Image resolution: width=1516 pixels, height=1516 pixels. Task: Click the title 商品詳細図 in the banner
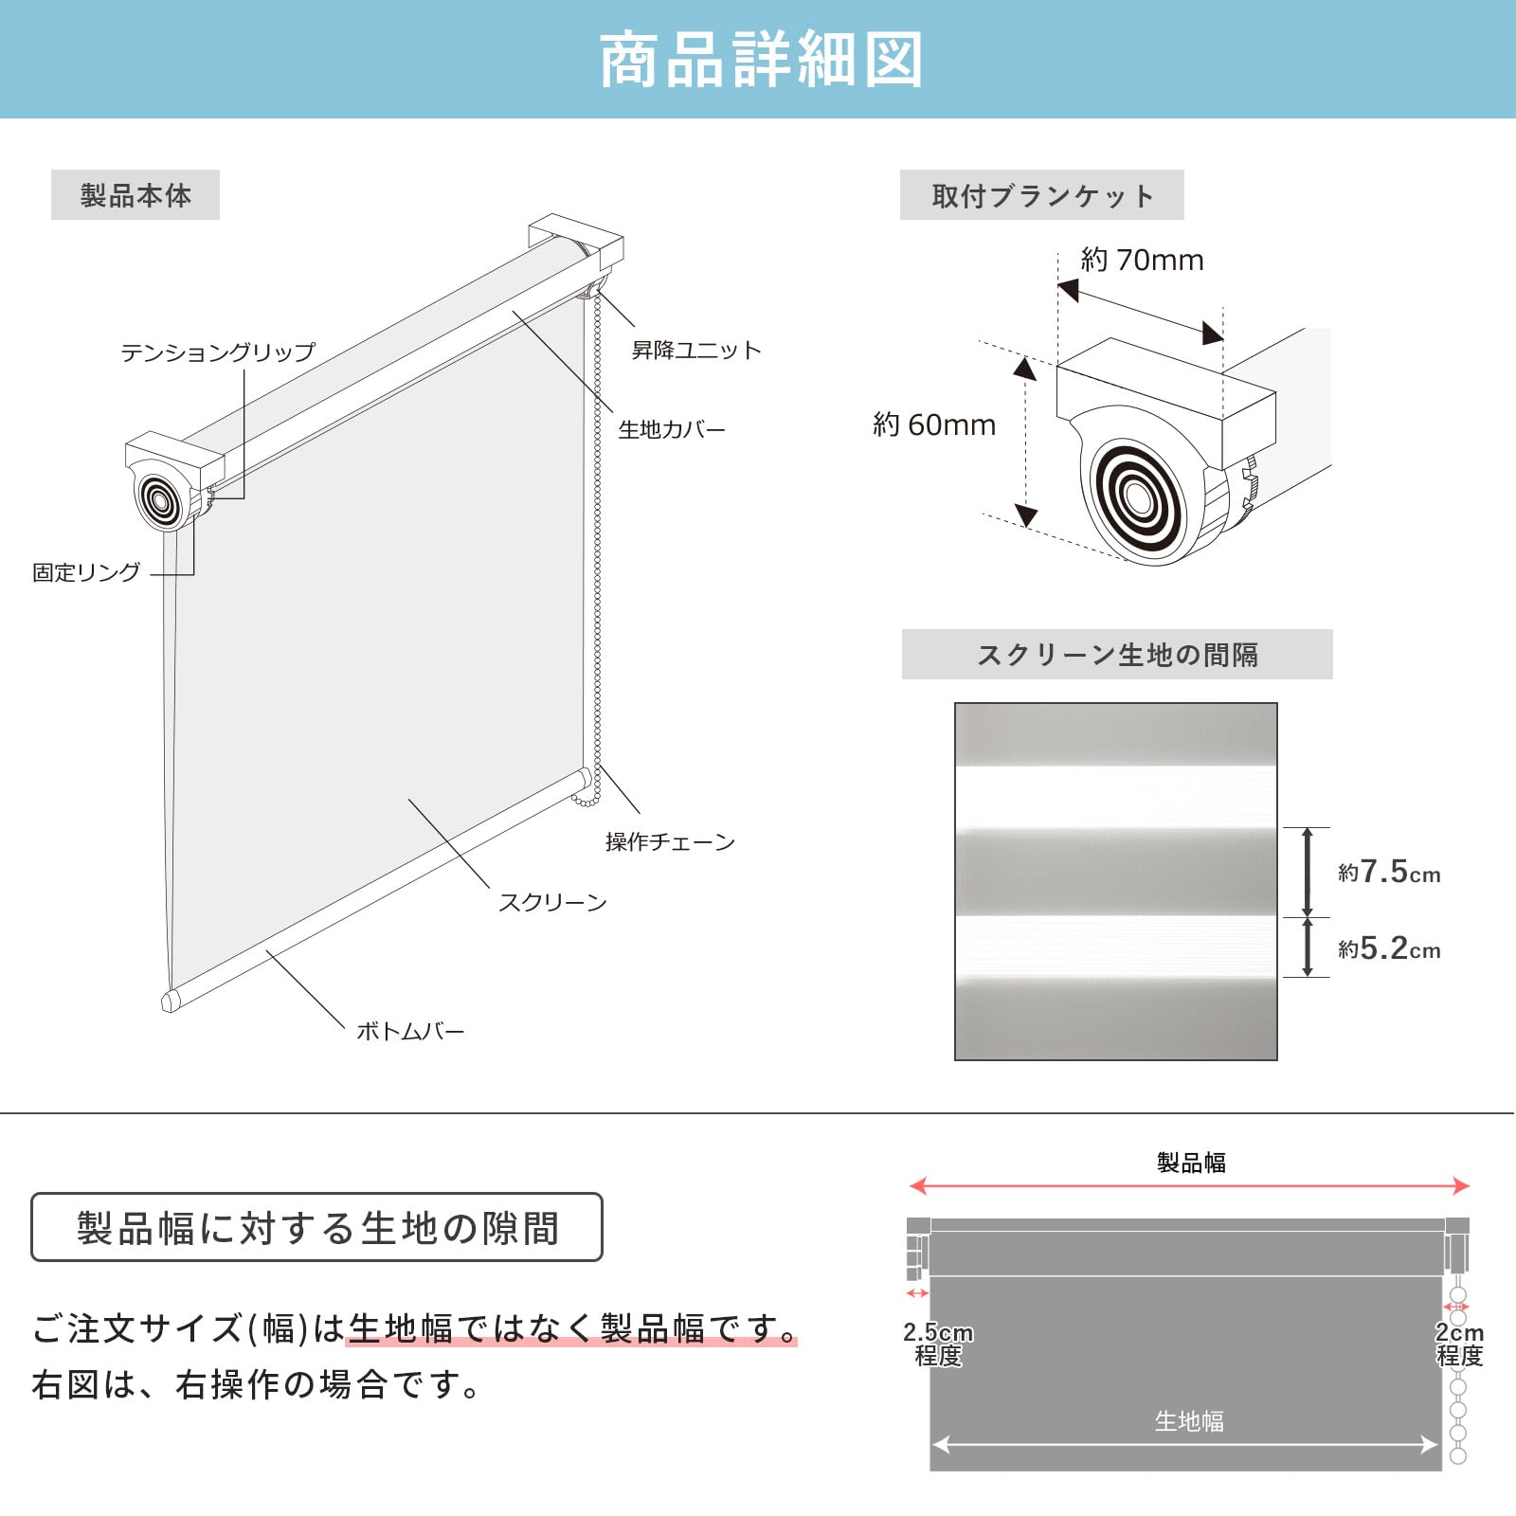point(760,60)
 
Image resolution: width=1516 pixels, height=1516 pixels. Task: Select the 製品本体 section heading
point(135,195)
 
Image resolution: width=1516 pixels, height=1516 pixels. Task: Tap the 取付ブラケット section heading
point(1041,195)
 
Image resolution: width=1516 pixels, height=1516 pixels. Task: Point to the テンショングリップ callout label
point(217,352)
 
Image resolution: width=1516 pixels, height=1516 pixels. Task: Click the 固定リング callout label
point(86,572)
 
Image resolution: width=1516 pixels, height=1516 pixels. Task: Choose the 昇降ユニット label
point(696,351)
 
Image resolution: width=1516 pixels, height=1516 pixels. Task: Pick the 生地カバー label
point(672,430)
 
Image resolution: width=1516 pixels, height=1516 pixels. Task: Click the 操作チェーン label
point(670,841)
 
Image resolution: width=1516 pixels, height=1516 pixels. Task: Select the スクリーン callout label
point(552,902)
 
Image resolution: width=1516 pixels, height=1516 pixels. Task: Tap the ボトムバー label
point(410,1031)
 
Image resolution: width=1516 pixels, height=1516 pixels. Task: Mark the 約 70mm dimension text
point(1142,260)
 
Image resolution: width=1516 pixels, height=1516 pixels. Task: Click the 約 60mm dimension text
point(934,424)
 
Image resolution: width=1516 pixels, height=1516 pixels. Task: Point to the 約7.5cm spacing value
point(1389,872)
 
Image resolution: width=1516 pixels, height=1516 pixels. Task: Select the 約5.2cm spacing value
point(1389,948)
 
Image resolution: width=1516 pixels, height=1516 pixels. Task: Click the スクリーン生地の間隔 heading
point(1117,655)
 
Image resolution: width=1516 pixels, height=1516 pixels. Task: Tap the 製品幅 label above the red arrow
point(1191,1163)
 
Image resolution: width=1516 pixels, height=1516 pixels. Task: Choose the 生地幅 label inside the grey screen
point(1189,1420)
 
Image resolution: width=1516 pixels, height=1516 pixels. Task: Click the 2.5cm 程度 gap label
point(938,1344)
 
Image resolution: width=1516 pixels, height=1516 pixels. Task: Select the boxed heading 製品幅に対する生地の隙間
point(317,1228)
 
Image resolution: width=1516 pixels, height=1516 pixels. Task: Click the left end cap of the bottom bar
point(171,1002)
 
